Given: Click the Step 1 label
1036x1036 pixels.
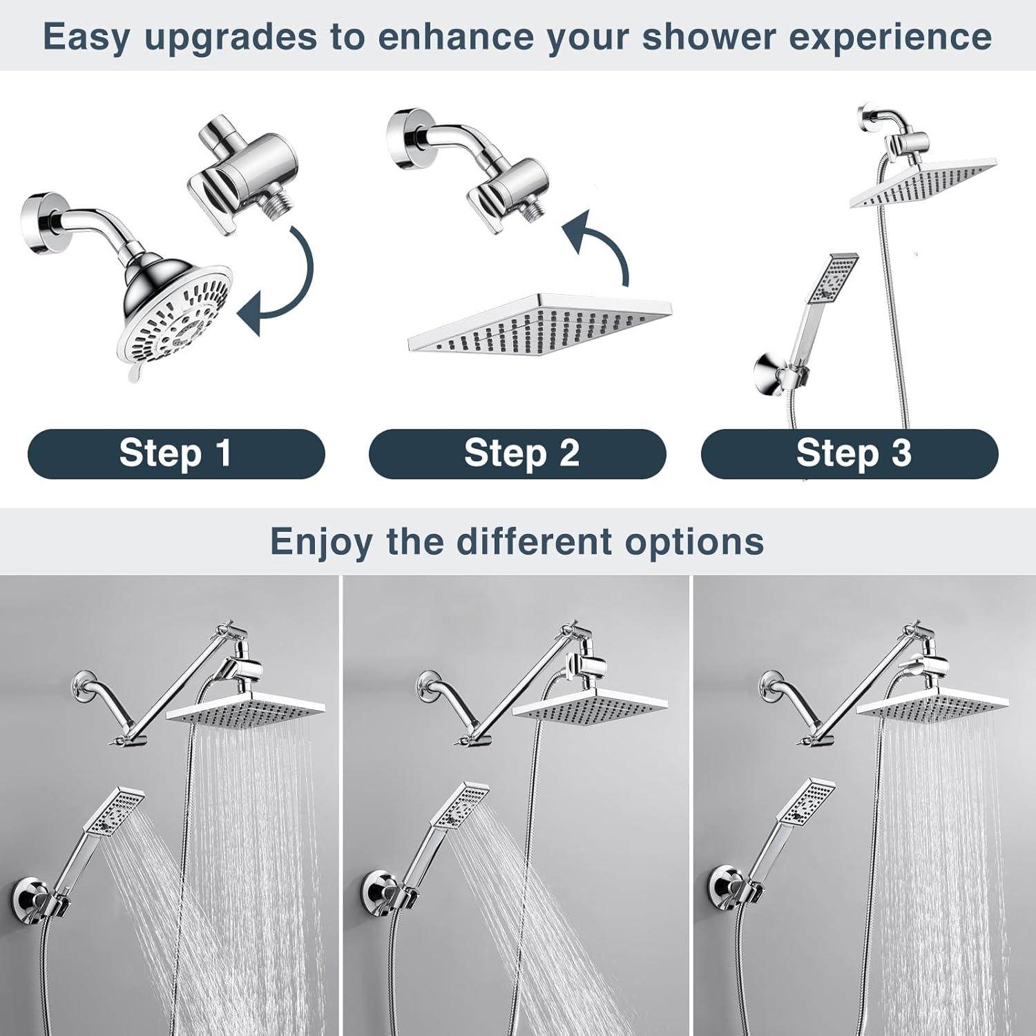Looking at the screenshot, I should (175, 454).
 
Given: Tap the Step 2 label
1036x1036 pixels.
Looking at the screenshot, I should (521, 454).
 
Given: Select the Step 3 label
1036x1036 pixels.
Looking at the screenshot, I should (853, 454).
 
